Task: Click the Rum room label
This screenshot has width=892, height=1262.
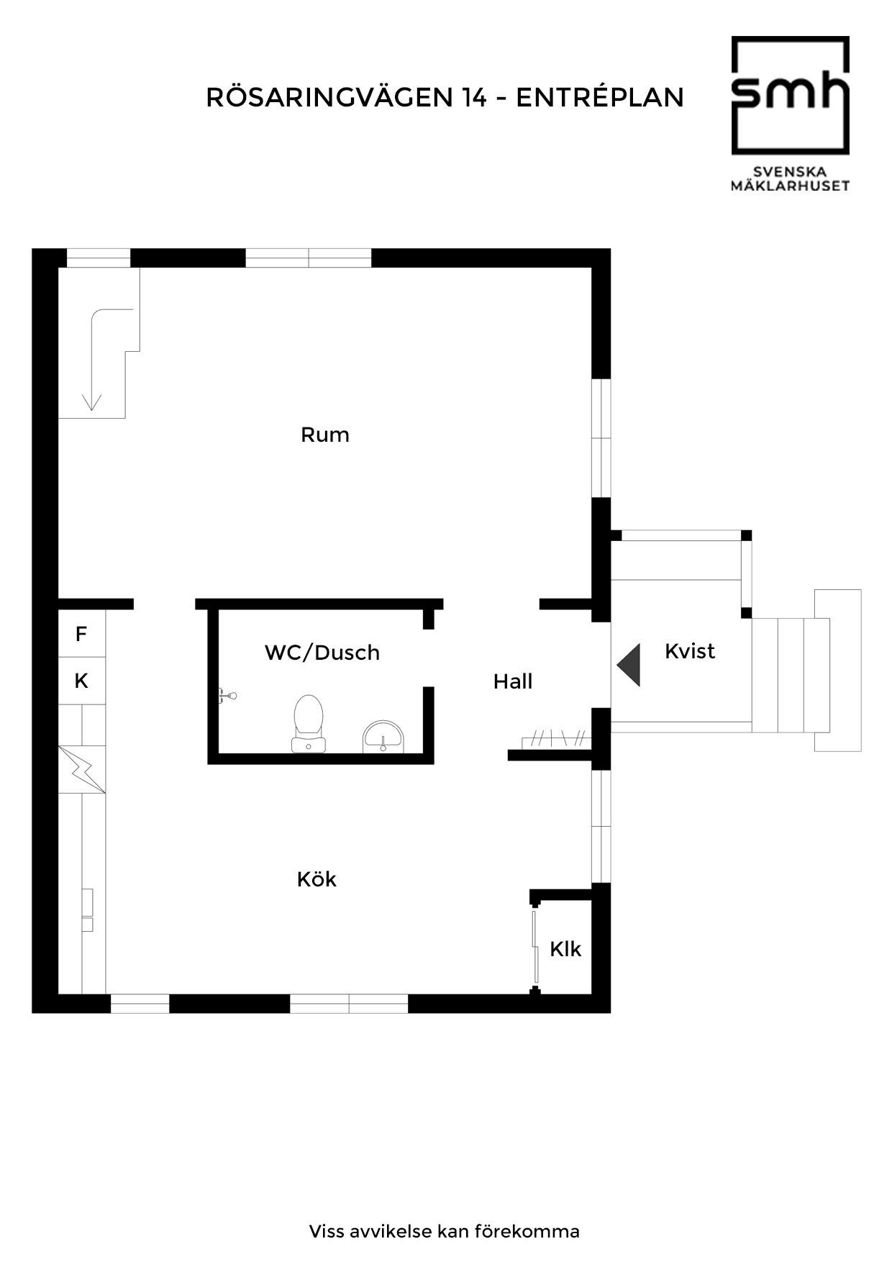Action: pyautogui.click(x=325, y=435)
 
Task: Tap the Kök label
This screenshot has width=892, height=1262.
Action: pyautogui.click(x=317, y=879)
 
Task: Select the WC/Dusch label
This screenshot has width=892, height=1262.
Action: pyautogui.click(x=322, y=653)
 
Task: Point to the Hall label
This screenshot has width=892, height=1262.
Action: pyautogui.click(x=513, y=681)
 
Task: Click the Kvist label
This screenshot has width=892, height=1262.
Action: pyautogui.click(x=690, y=651)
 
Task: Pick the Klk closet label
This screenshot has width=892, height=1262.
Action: pyautogui.click(x=565, y=949)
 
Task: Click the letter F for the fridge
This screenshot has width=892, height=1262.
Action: pyautogui.click(x=81, y=634)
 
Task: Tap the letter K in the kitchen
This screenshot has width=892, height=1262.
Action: pyautogui.click(x=81, y=681)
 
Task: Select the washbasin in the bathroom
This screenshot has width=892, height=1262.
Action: pyautogui.click(x=384, y=736)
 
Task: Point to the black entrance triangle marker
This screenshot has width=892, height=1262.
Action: pyautogui.click(x=629, y=666)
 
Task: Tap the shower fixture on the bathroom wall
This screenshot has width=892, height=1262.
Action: pyautogui.click(x=227, y=696)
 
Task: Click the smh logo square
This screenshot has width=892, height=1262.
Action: pyautogui.click(x=791, y=96)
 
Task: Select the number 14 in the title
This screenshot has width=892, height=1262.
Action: pyautogui.click(x=474, y=97)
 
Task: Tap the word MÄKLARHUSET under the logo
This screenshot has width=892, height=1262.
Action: pyautogui.click(x=791, y=186)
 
